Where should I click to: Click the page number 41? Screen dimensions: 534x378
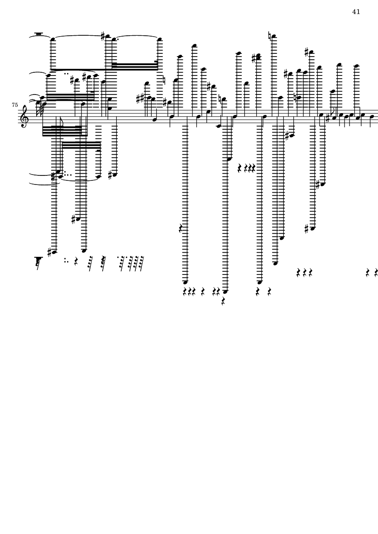[x=356, y=12]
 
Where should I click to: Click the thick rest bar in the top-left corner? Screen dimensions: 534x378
[x=38, y=33]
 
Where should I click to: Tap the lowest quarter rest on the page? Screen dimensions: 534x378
[x=223, y=301]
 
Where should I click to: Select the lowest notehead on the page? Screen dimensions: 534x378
[x=225, y=292]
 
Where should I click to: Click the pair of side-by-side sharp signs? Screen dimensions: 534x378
[x=140, y=98]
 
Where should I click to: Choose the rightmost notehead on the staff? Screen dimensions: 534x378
[x=372, y=116]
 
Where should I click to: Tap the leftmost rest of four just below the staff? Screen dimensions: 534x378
[x=240, y=168]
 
